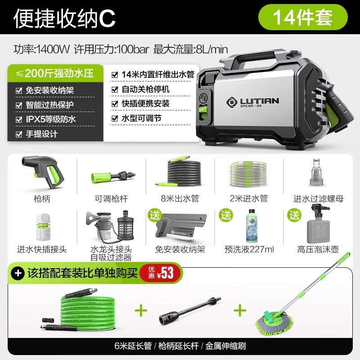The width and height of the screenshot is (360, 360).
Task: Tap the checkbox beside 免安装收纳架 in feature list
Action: (18, 90)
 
